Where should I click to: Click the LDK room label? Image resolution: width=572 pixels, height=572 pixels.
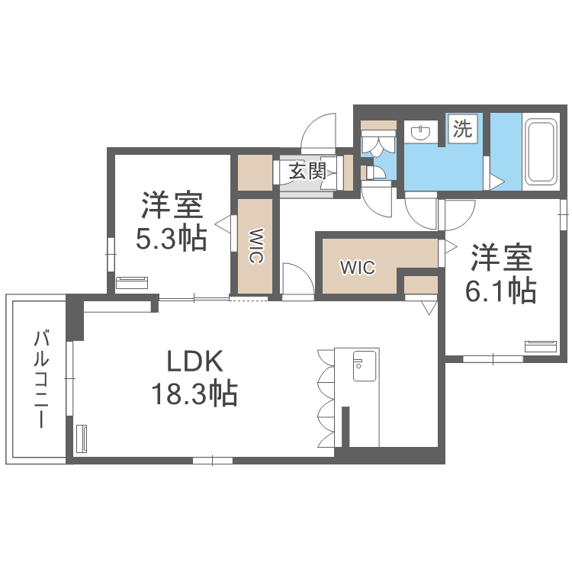(x=194, y=359)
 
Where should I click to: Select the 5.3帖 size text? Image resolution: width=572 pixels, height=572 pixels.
(x=171, y=239)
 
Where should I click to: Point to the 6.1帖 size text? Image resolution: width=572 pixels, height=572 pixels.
(x=500, y=290)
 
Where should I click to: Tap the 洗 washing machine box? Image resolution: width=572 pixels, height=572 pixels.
(x=462, y=129)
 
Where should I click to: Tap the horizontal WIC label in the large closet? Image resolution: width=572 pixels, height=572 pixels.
(x=357, y=268)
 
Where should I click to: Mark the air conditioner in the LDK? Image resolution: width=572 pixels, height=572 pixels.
(x=82, y=440)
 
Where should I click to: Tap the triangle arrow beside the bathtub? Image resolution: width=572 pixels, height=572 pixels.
(x=496, y=182)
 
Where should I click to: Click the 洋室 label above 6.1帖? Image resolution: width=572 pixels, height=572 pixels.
(x=500, y=258)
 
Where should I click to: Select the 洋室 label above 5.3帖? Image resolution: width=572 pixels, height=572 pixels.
(x=171, y=206)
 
